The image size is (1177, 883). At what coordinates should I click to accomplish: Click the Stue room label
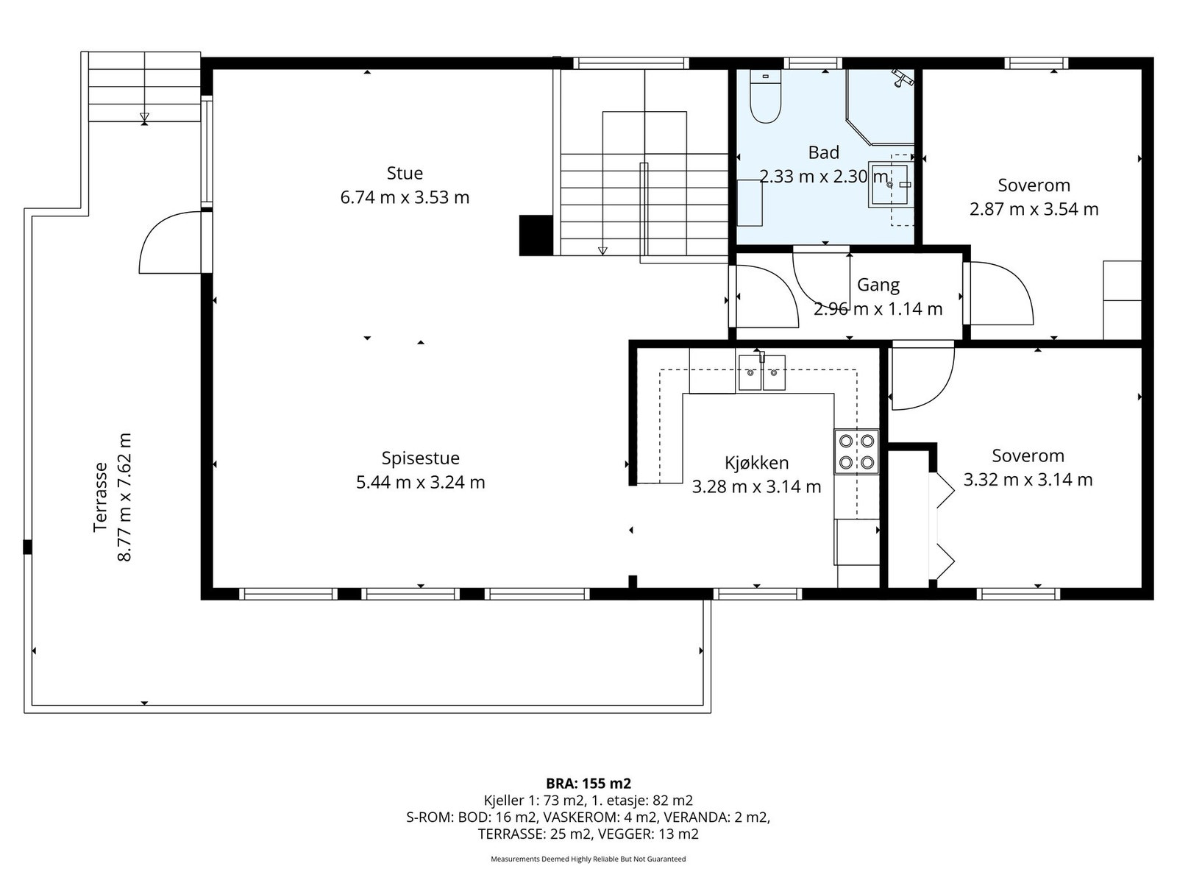[x=405, y=173]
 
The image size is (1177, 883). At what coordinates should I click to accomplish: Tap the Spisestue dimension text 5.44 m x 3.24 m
[x=420, y=483]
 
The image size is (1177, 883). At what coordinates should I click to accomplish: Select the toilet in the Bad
[x=765, y=97]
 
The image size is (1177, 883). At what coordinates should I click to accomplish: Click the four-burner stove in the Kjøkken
[x=856, y=451]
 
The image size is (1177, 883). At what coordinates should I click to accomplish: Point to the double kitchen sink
[x=762, y=372]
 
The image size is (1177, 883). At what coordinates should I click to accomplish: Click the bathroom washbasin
[x=889, y=185]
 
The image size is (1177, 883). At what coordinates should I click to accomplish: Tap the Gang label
[x=878, y=286]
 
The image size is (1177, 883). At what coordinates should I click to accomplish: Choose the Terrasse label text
[x=101, y=497]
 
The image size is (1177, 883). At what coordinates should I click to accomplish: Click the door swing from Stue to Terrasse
[x=170, y=242]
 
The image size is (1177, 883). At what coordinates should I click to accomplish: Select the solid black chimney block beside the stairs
[x=536, y=235]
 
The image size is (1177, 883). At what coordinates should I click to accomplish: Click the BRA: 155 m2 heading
[x=588, y=784]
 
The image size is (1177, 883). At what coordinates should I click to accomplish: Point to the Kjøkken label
[x=757, y=463]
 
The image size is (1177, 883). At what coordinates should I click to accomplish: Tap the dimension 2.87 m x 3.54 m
[x=1034, y=209]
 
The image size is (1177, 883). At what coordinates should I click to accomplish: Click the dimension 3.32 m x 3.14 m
[x=1028, y=479]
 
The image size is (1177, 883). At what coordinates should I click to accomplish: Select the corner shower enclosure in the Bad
[x=880, y=107]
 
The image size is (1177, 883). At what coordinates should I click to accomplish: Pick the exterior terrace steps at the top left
[x=144, y=87]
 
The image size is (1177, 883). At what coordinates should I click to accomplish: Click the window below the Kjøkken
[x=757, y=594]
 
